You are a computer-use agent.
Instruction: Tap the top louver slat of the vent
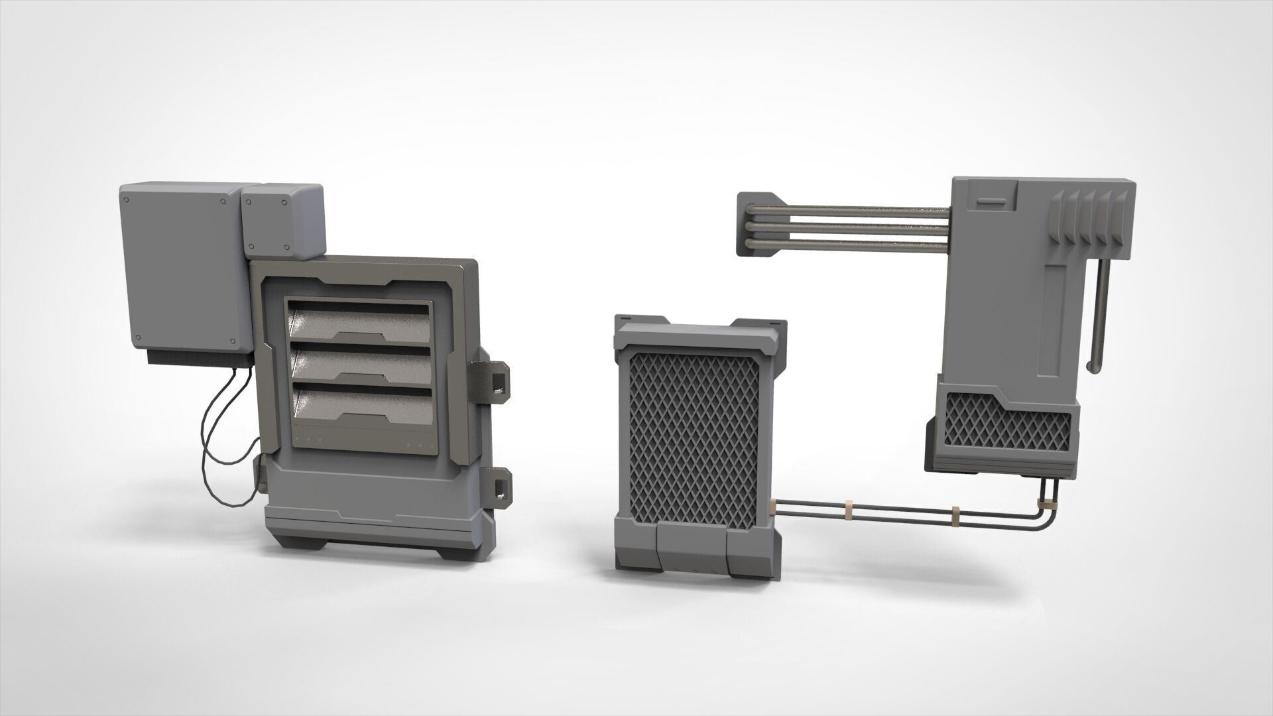point(361,322)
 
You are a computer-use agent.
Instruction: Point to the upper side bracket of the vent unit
point(495,378)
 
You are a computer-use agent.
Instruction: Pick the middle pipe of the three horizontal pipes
point(849,226)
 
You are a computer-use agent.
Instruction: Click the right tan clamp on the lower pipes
point(956,512)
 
